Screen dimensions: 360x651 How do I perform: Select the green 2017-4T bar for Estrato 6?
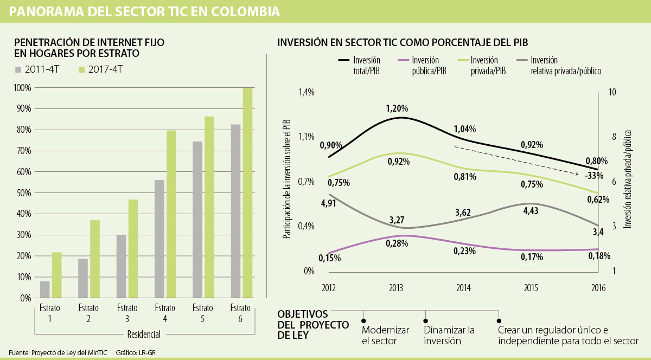(247, 192)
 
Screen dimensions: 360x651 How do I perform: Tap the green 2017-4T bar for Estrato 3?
(133, 248)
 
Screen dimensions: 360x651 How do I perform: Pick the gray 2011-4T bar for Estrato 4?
(159, 239)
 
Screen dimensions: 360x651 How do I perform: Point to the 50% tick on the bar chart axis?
(24, 193)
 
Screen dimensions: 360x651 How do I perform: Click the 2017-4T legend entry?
(101, 69)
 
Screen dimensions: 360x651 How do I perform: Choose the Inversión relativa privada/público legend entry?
(559, 65)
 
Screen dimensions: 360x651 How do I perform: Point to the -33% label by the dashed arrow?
(595, 176)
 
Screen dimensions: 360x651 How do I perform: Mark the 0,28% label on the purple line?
(397, 243)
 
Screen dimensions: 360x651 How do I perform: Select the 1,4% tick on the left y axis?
(306, 93)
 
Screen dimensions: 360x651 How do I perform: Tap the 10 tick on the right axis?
(613, 93)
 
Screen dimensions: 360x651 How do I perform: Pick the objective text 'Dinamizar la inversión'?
(449, 336)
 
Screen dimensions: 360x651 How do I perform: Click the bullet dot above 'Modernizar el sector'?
(363, 320)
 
